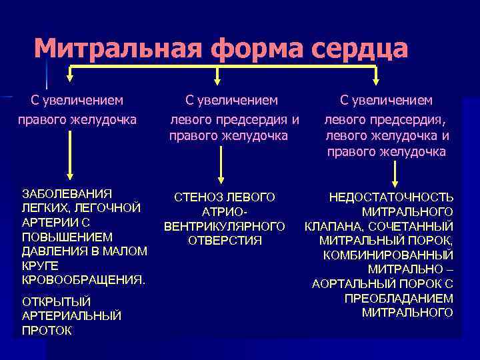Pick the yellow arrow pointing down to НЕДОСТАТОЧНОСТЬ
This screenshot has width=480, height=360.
click(x=396, y=173)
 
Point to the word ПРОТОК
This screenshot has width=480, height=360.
click(x=47, y=330)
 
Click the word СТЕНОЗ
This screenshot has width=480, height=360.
click(x=199, y=197)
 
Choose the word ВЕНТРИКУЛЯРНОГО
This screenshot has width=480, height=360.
click(x=225, y=226)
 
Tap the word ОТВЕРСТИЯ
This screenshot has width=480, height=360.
click(x=225, y=240)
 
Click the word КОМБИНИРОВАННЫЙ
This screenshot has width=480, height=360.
click(x=387, y=255)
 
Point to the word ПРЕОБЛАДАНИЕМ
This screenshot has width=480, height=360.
click(x=399, y=298)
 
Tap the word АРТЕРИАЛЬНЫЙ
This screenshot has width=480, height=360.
click(x=72, y=316)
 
